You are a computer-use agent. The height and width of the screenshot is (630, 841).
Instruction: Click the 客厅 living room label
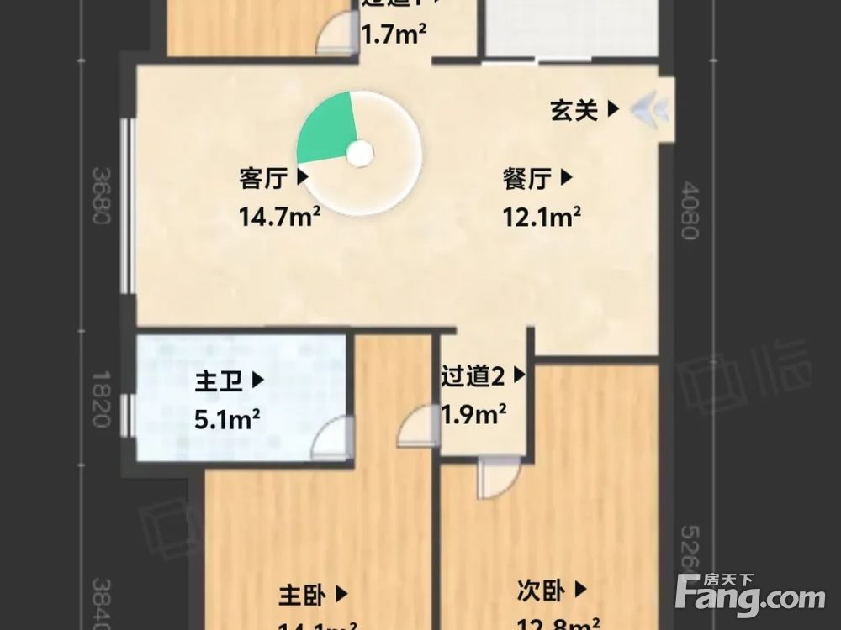264,178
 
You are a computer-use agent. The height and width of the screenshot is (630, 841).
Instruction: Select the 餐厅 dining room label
528,178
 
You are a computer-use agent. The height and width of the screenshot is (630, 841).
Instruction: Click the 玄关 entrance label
575,109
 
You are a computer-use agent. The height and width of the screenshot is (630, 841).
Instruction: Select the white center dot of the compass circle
359,153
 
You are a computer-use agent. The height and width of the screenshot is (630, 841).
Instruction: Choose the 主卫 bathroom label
220,381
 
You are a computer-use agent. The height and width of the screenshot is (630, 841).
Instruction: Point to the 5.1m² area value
226,417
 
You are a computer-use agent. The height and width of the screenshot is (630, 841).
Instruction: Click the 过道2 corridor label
473,376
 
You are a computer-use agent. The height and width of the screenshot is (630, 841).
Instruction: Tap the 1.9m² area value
473,413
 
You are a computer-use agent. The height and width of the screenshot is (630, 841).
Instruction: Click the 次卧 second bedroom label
541,592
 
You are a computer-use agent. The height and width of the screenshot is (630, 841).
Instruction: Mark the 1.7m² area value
393,34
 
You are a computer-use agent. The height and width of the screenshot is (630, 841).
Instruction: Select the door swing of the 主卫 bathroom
330,438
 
